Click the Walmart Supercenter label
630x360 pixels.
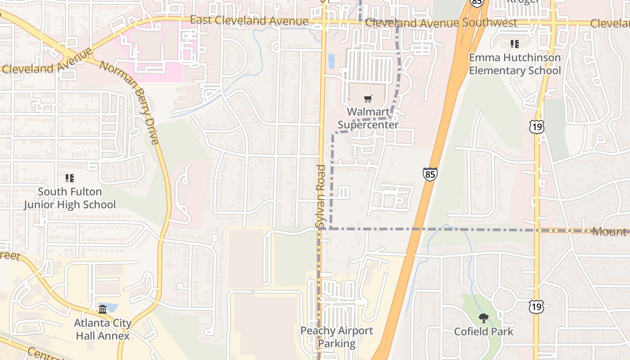tap(368, 118)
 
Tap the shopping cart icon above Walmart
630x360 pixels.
tap(368, 99)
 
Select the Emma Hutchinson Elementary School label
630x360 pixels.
tap(515, 64)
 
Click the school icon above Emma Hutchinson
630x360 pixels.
tap(515, 44)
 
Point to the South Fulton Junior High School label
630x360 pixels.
tap(70, 198)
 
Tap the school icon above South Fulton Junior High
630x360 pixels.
tap(70, 179)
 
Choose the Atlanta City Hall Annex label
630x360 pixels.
tap(103, 329)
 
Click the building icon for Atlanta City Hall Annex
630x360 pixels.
tap(103, 309)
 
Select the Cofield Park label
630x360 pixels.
tap(484, 332)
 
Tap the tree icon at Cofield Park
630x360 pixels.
tap(484, 319)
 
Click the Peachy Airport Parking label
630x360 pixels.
tap(337, 337)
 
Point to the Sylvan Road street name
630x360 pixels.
tap(320, 196)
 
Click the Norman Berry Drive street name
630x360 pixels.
tap(130, 103)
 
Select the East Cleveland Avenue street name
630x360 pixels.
tap(249, 21)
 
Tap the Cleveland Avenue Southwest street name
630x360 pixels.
tap(441, 23)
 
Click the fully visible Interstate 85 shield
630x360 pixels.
tap(430, 174)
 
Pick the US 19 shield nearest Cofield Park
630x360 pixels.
tap(536, 307)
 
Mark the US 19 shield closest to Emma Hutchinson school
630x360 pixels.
tap(536, 127)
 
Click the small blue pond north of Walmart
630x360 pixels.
tap(332, 61)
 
